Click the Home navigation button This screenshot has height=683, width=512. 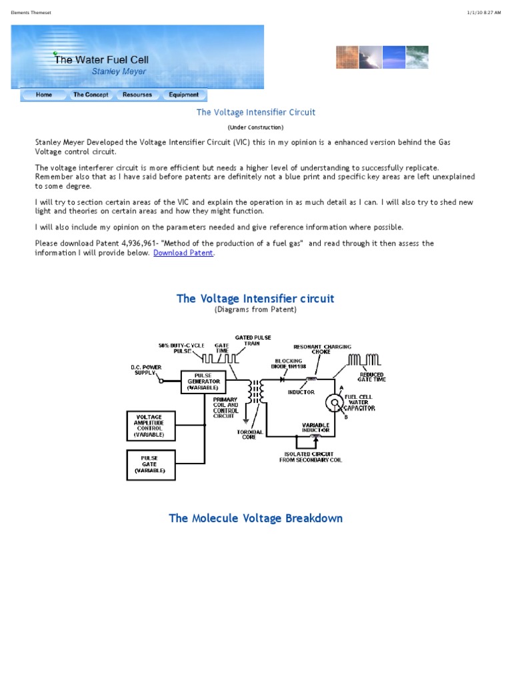(x=44, y=95)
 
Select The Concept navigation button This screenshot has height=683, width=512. (x=91, y=95)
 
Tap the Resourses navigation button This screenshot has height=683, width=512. (x=137, y=95)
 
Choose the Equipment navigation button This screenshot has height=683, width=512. (x=183, y=95)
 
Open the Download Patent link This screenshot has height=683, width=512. (x=183, y=253)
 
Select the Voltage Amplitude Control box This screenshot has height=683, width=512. (x=151, y=425)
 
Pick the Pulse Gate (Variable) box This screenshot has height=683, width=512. (x=151, y=464)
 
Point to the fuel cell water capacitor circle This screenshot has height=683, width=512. (x=333, y=402)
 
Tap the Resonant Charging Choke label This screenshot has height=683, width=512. (x=323, y=350)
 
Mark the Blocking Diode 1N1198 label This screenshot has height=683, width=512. (x=287, y=364)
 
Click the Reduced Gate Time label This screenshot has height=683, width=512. (x=371, y=377)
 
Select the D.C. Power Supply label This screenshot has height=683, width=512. (x=144, y=370)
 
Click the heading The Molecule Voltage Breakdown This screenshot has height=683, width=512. (x=255, y=518)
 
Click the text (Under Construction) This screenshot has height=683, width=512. (x=255, y=127)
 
